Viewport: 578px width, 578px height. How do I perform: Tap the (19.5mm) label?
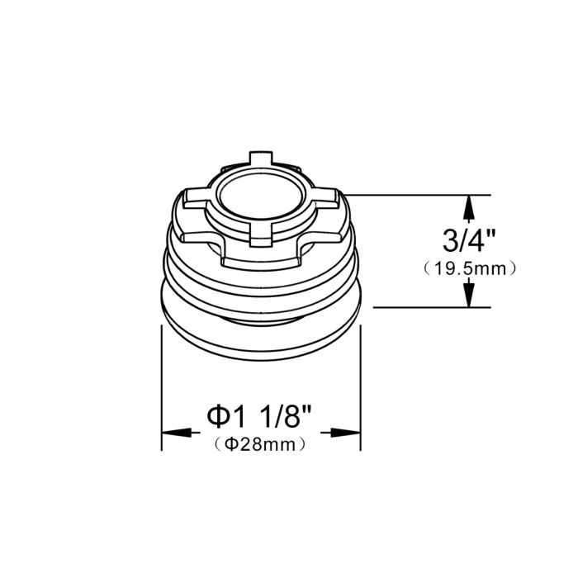[x=470, y=268]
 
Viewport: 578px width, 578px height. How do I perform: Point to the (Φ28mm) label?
[x=260, y=444]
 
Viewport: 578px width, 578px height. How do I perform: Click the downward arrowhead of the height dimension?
[x=468, y=296]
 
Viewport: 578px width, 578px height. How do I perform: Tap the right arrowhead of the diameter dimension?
[x=345, y=433]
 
